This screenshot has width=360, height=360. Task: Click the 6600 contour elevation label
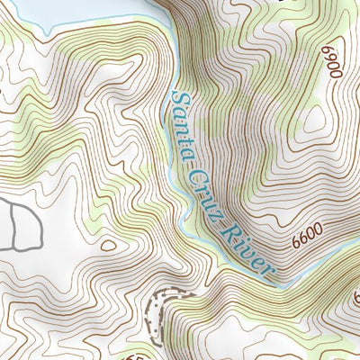coord(307,238)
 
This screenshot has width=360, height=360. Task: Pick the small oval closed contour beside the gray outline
coord(109,244)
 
